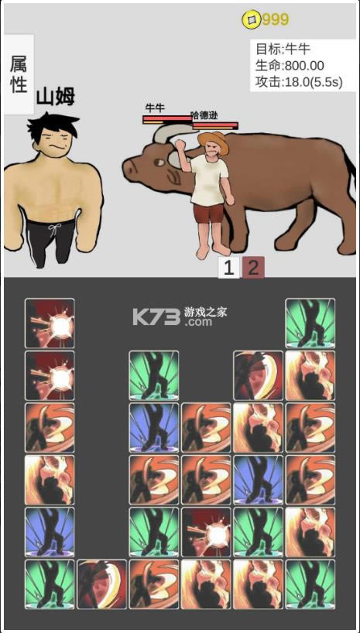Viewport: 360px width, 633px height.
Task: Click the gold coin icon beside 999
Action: click(x=251, y=20)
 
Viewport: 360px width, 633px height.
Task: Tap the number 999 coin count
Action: click(x=275, y=19)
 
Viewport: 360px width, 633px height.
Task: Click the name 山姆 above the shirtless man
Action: click(x=56, y=97)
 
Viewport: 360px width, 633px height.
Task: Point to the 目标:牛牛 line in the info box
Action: click(x=283, y=49)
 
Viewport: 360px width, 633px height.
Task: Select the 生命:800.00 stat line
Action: click(x=290, y=66)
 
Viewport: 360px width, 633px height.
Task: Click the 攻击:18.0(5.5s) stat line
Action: click(x=299, y=82)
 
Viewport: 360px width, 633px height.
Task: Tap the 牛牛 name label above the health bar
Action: click(x=155, y=108)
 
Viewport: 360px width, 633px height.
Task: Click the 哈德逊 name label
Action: click(x=204, y=115)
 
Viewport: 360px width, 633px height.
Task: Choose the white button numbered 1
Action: click(x=229, y=267)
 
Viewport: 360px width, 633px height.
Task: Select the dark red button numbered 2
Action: click(x=253, y=267)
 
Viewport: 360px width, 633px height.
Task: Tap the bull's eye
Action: click(x=159, y=163)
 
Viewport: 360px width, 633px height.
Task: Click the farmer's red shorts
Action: click(x=208, y=213)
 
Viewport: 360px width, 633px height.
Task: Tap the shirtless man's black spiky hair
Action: click(x=52, y=125)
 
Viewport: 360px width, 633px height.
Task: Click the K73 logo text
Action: click(x=156, y=318)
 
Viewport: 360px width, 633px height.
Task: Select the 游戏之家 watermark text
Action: click(x=205, y=312)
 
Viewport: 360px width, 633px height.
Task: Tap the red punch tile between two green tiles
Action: click(x=207, y=532)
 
